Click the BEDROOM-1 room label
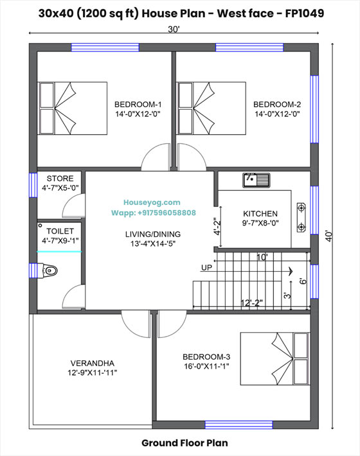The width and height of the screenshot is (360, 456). click(x=138, y=104)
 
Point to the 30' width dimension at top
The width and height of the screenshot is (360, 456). click(x=174, y=30)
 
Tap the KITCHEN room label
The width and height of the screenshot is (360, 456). click(x=260, y=214)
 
